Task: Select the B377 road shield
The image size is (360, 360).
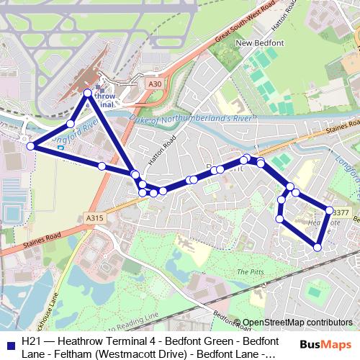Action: click(x=341, y=212)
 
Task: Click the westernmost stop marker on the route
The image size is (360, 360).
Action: click(x=30, y=146)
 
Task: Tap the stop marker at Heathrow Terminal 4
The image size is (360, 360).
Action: click(x=88, y=93)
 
